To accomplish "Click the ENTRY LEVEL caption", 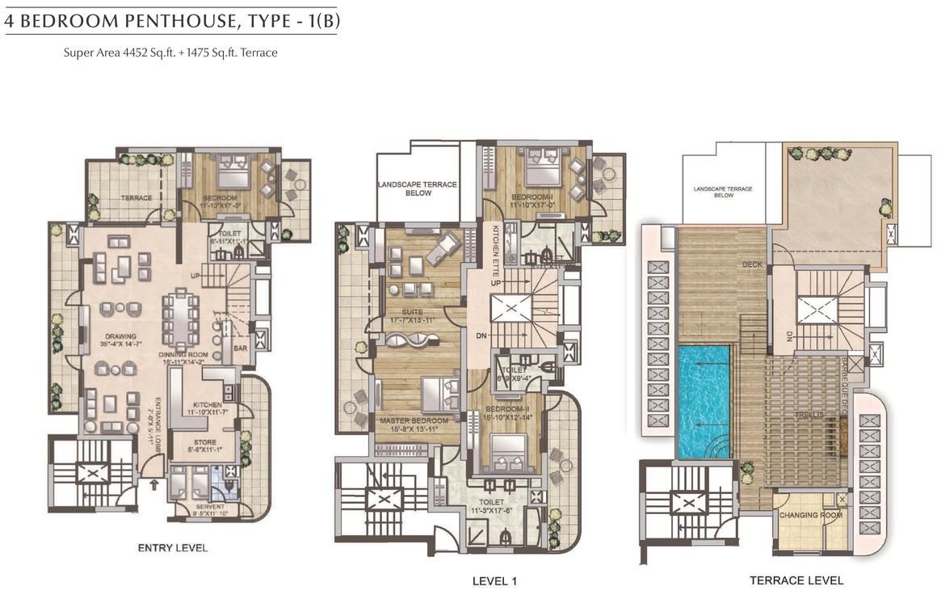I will (x=173, y=548).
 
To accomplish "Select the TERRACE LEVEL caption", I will (x=796, y=580).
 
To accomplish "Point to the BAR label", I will (x=240, y=348).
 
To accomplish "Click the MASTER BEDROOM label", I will (x=413, y=421).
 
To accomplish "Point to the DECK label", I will (x=751, y=264).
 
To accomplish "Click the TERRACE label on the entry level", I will (x=137, y=197).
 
